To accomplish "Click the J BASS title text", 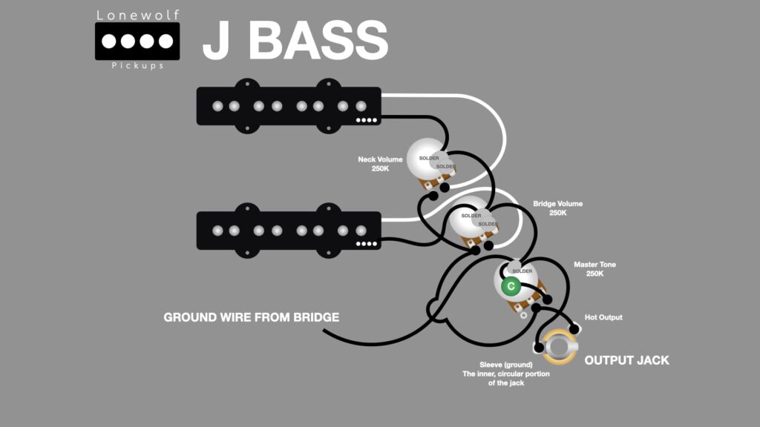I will coord(295,41).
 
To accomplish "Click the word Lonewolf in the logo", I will coord(137,15).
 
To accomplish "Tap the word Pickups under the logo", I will coord(137,67).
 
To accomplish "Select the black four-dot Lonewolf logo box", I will coord(137,41).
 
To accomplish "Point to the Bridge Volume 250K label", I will coord(558,208).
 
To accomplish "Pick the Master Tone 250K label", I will coord(595,269).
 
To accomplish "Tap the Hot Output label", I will coord(603,317).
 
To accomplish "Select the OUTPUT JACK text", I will coord(626,360).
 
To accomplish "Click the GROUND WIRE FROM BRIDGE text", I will coord(251,317).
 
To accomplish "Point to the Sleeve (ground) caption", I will coord(498,374).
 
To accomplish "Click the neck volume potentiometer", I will coord(430,162).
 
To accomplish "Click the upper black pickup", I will coord(288,106).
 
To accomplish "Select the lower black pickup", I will coord(288,230).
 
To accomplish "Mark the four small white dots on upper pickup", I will coord(367,120).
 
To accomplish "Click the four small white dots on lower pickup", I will coord(367,244).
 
